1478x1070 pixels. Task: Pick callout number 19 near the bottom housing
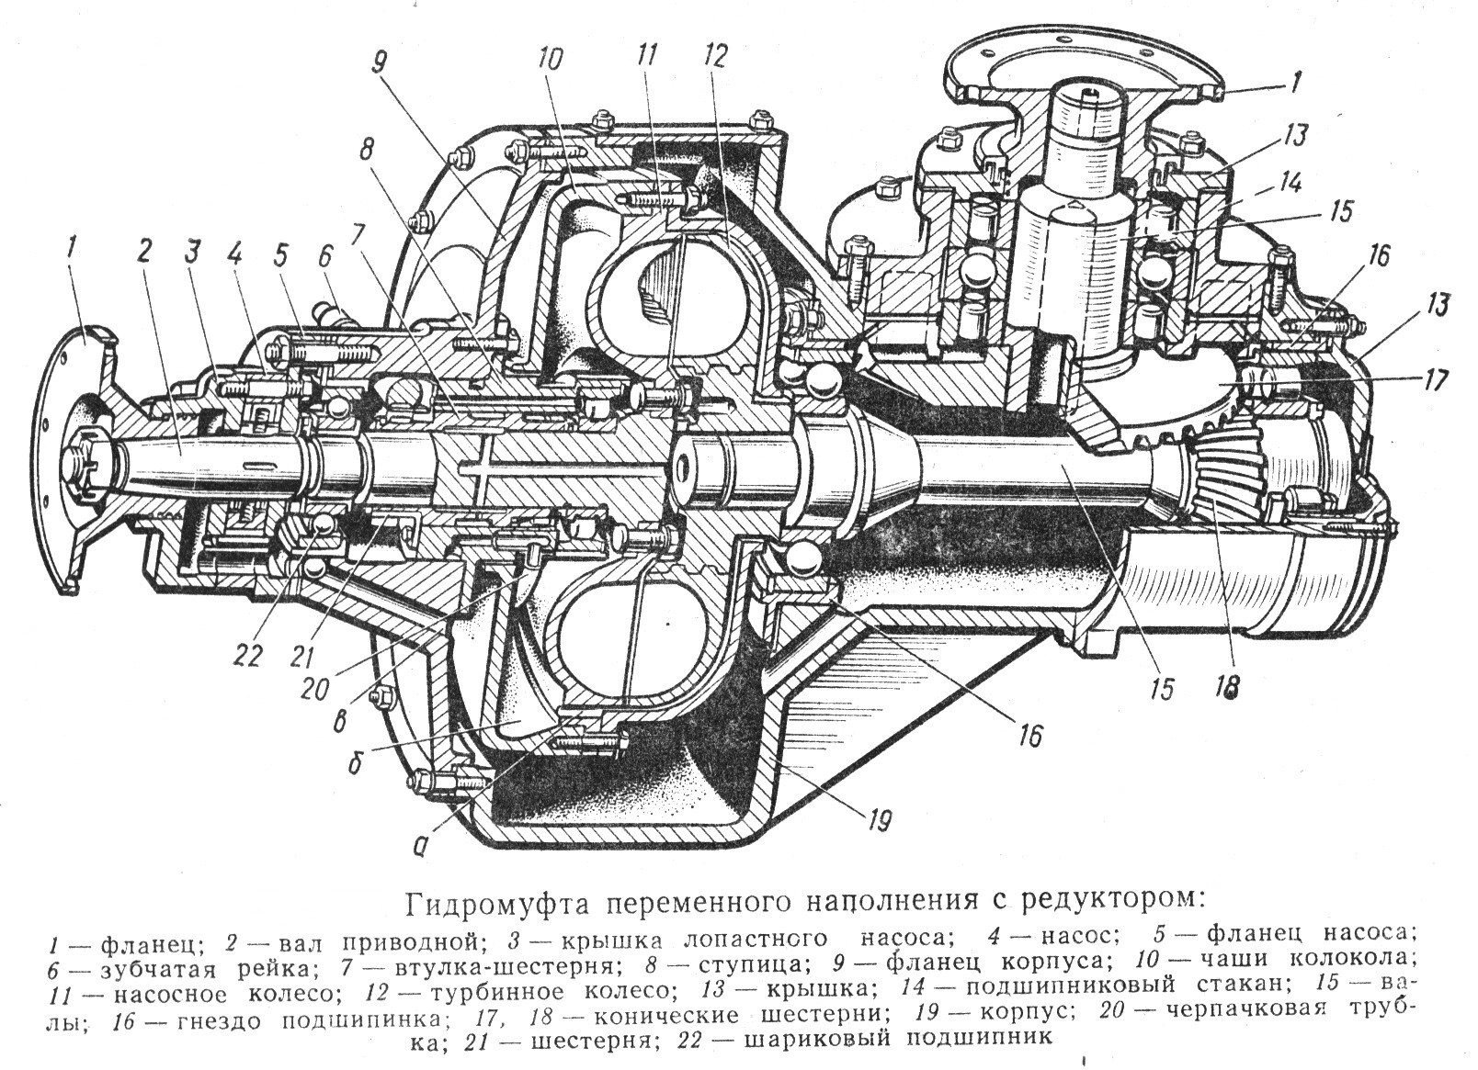pos(877,821)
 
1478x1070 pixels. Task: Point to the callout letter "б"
pos(354,767)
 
